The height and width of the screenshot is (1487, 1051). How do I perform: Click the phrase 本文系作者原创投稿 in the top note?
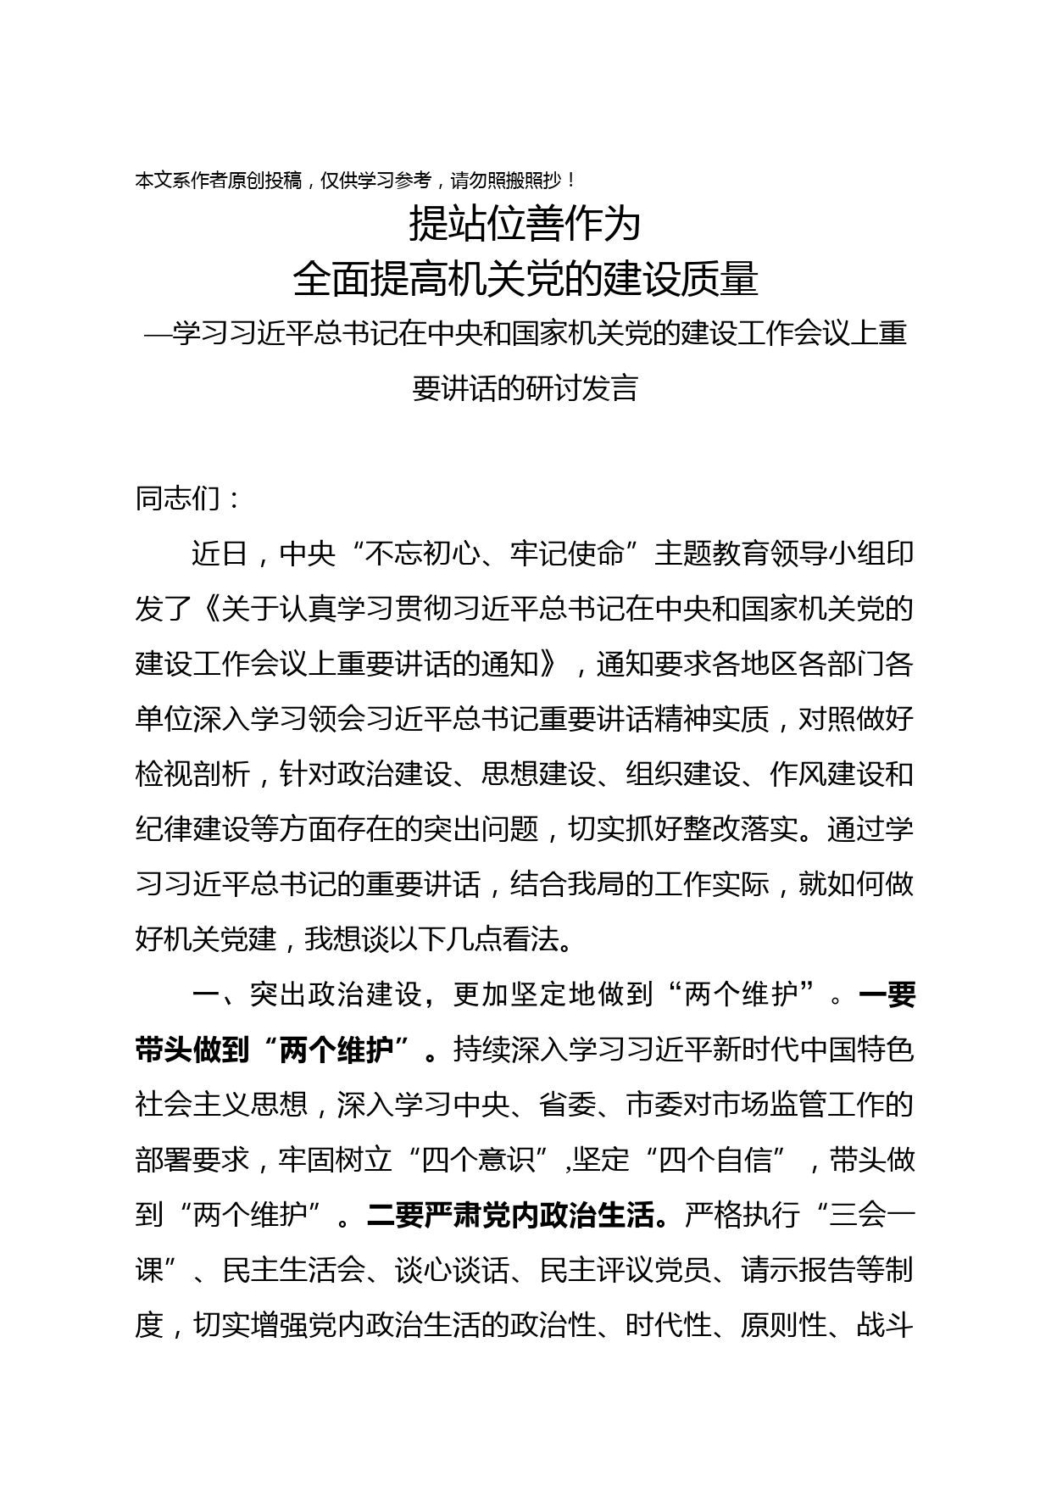click(219, 181)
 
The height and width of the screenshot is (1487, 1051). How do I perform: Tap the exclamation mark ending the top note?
click(574, 181)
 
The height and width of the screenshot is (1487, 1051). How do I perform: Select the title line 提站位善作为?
click(525, 225)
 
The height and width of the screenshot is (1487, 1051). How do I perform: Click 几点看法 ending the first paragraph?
click(503, 939)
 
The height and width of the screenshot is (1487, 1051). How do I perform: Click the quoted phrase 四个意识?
click(480, 1160)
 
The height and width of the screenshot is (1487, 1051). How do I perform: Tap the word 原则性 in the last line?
click(783, 1325)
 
